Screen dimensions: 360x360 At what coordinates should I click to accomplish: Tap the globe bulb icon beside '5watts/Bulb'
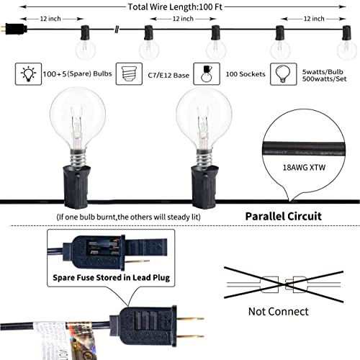tap(284, 74)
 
